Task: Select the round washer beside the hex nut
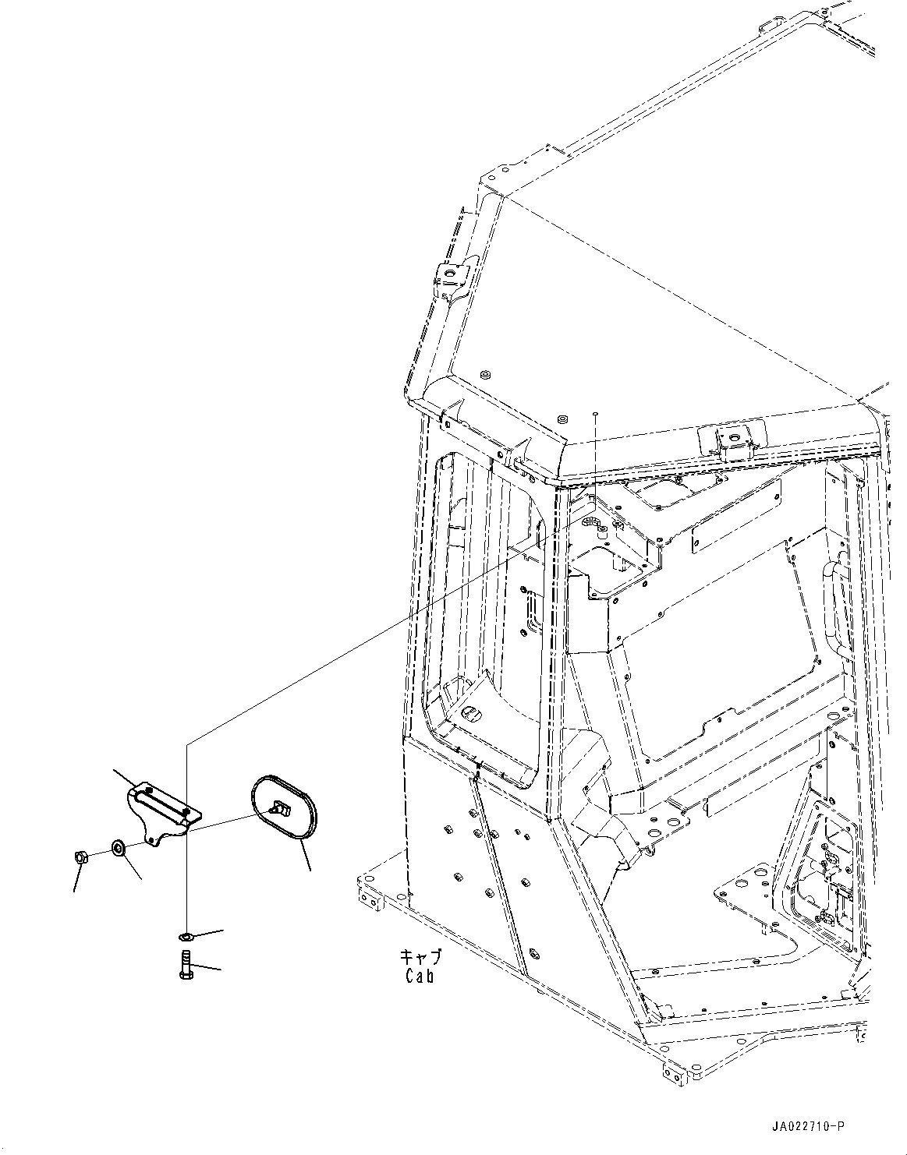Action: click(x=117, y=847)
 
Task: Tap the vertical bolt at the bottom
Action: click(x=186, y=966)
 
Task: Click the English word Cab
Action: click(x=419, y=976)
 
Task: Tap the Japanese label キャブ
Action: click(x=420, y=957)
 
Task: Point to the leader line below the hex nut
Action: click(x=76, y=878)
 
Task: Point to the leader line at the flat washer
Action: click(x=207, y=932)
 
